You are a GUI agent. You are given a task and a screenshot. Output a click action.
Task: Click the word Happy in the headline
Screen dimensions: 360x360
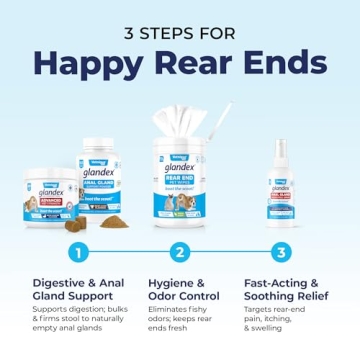pos(83,62)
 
